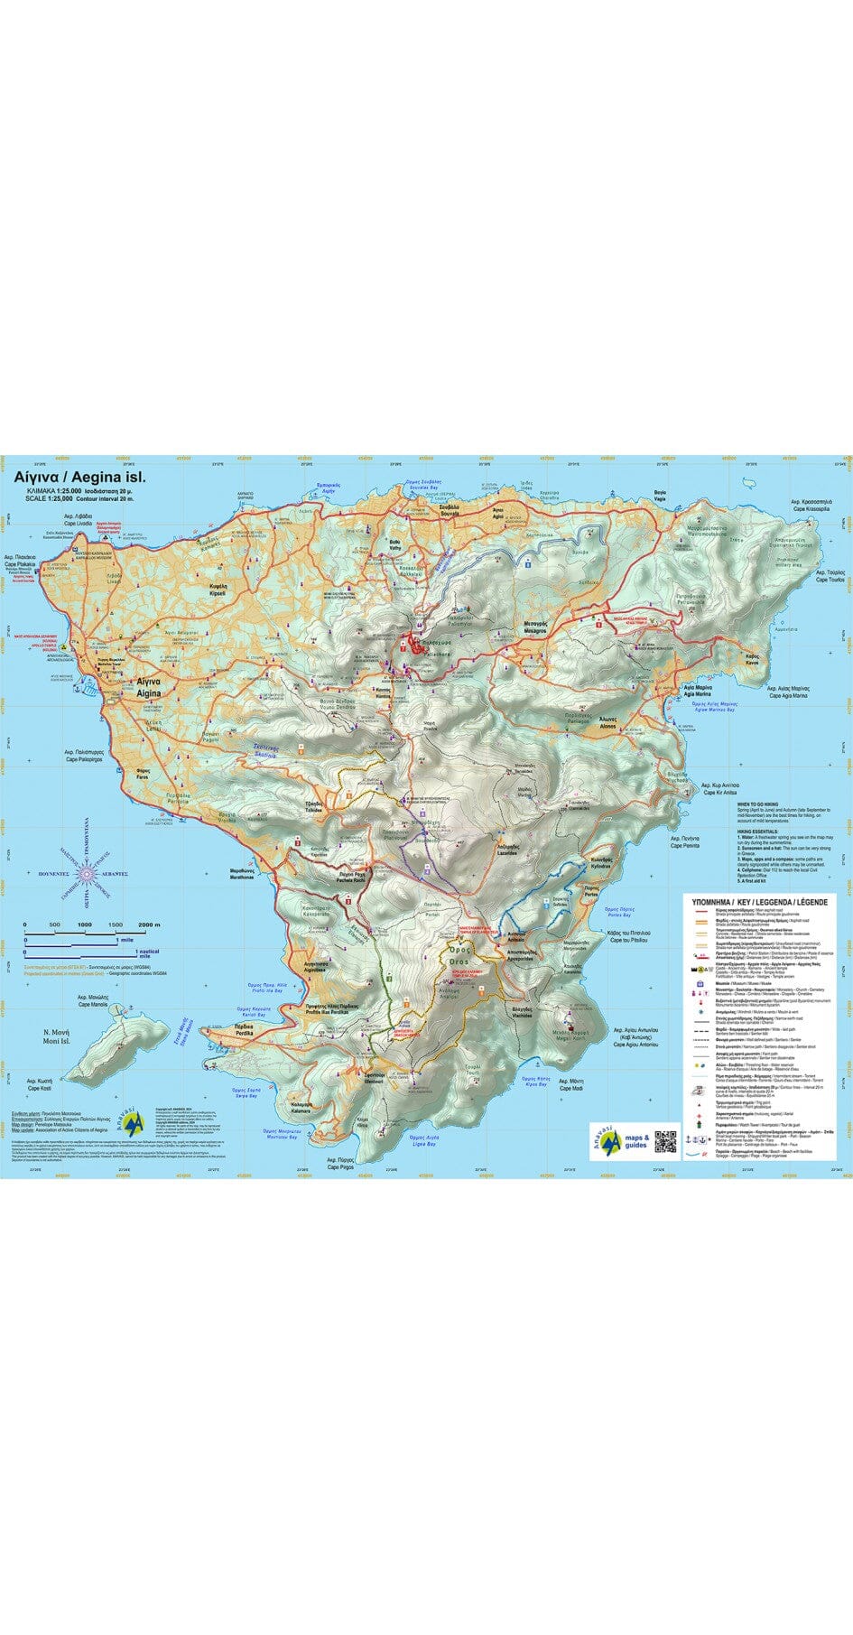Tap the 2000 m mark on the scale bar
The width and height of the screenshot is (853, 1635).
pos(149,924)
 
